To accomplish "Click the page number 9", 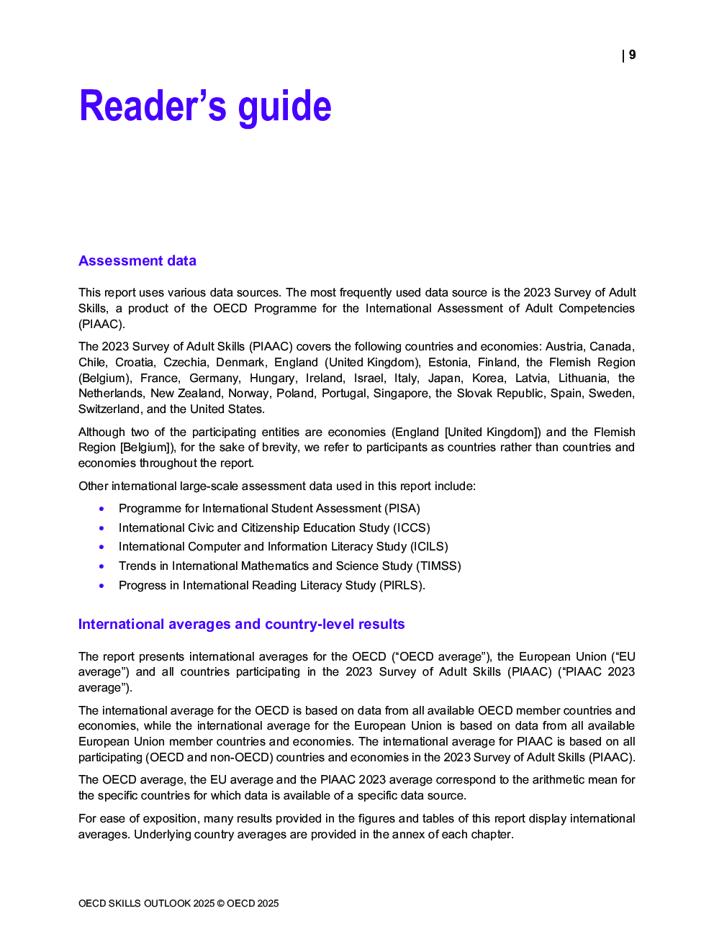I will tap(632, 55).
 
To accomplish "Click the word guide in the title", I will tap(284, 106).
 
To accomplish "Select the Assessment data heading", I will tap(137, 260).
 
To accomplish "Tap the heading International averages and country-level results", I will tap(241, 624).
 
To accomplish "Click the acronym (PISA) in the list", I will tap(402, 509).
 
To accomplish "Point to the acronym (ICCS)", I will tap(411, 528).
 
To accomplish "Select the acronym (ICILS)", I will tap(429, 547).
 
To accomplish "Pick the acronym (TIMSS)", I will tap(438, 566).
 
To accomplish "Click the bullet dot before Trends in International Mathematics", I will tap(101, 566).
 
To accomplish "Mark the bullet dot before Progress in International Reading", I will tap(101, 586).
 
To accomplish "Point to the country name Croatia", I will tap(135, 363).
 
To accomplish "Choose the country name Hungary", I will tap(273, 378).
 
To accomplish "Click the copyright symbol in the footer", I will tap(221, 904).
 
